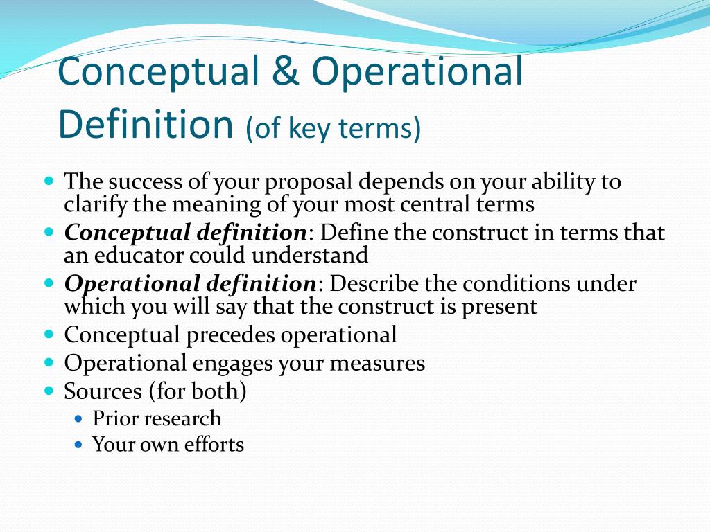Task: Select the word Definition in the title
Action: click(145, 123)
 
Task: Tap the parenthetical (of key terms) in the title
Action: click(333, 128)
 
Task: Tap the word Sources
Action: click(103, 392)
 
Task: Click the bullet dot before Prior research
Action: click(78, 419)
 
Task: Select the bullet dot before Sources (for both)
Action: click(49, 391)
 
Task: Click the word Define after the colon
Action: click(352, 233)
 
